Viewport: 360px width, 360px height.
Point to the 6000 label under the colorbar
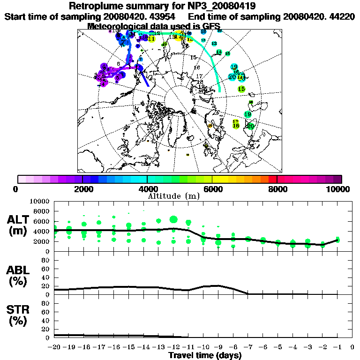tap(212, 189)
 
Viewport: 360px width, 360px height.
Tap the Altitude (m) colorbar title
tap(180, 195)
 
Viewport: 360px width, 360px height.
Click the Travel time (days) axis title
tap(205, 355)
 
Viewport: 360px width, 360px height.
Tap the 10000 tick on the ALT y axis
tap(39, 201)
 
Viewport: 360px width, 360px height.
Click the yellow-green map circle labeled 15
tap(241, 89)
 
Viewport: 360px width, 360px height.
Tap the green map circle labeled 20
tap(251, 126)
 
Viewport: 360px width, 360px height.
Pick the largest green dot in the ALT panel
tap(173, 219)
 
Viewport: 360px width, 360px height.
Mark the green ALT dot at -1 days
tap(337, 240)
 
